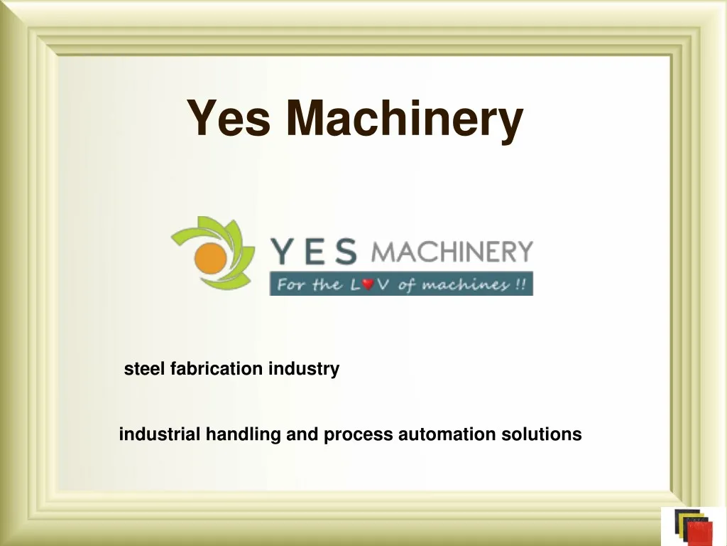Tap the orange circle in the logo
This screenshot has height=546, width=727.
click(x=210, y=257)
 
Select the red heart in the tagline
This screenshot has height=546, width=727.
click(x=368, y=284)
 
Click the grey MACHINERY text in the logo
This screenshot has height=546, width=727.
click(x=452, y=252)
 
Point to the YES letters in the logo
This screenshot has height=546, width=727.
click(x=314, y=251)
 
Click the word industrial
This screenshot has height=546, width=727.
click(x=160, y=434)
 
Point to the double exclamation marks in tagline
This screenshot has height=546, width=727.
click(x=520, y=284)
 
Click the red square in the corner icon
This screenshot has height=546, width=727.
click(x=699, y=533)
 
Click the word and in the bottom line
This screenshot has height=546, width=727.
click(x=302, y=434)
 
